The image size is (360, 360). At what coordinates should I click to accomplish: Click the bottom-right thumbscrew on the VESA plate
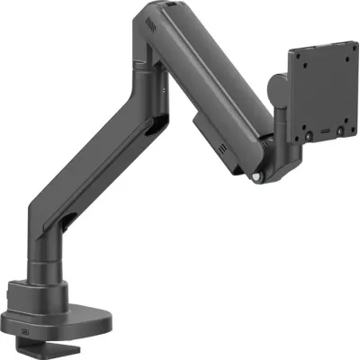(x=337, y=131)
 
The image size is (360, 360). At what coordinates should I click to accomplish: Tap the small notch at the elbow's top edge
(x=170, y=6)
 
